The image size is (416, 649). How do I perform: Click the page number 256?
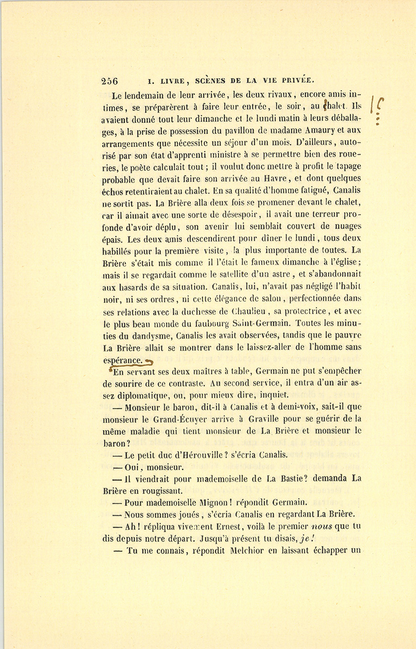tap(110, 81)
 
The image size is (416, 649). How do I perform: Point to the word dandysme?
tap(149, 335)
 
